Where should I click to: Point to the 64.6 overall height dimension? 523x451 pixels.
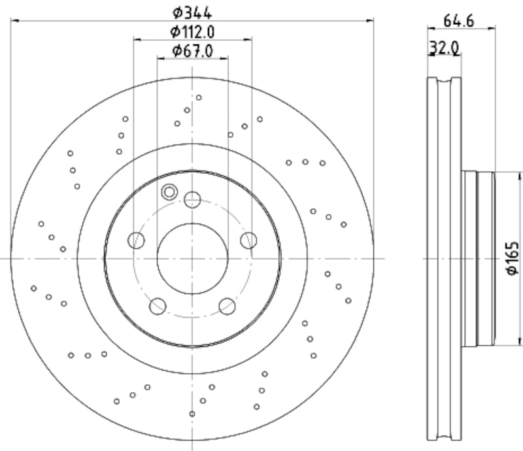click(x=460, y=20)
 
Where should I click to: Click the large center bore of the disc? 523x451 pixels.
click(x=192, y=259)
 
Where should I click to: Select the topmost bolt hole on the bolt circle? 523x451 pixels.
click(x=192, y=199)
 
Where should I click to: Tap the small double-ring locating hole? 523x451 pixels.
click(x=169, y=192)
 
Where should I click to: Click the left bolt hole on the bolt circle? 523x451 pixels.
click(x=136, y=241)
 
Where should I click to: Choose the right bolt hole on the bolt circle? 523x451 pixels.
click(x=248, y=241)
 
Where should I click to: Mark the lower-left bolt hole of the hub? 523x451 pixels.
click(x=158, y=306)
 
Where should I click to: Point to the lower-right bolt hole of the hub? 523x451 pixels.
click(x=227, y=306)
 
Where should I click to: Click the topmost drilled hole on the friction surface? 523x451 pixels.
click(x=199, y=97)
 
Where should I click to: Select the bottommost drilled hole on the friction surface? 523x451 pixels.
click(x=192, y=414)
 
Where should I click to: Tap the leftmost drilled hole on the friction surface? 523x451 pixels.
click(x=34, y=288)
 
